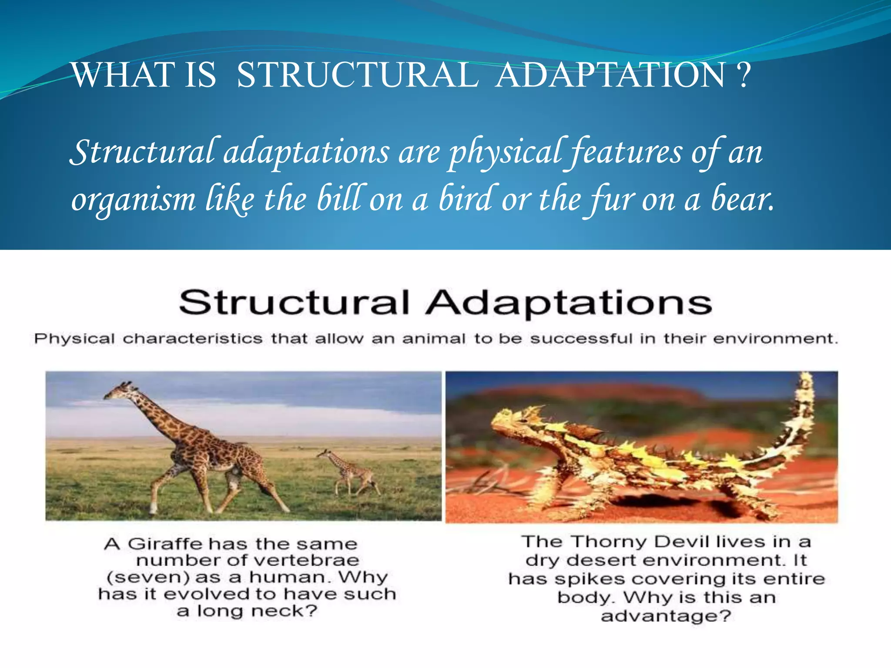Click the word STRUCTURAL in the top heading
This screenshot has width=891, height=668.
pos(358,75)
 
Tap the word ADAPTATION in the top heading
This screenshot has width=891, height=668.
pos(610,75)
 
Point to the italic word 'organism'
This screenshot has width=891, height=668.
pos(134,200)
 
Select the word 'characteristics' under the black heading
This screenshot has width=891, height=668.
pos(192,338)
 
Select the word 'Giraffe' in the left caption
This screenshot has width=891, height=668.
pos(165,544)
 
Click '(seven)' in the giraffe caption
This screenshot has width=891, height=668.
pos(148,578)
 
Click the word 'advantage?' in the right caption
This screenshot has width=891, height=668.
pos(666,616)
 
